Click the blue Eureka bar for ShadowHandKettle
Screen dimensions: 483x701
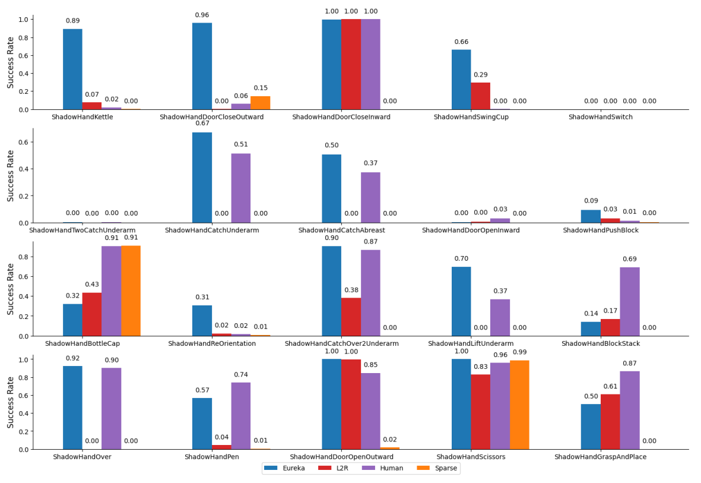click(x=72, y=69)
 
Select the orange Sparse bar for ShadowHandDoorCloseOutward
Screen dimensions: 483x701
click(x=260, y=103)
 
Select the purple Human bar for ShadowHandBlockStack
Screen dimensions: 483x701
click(x=630, y=302)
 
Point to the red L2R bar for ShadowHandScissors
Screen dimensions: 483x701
click(x=480, y=412)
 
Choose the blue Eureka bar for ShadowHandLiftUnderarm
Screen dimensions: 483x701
click(x=461, y=301)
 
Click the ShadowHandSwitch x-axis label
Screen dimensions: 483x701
click(x=601, y=117)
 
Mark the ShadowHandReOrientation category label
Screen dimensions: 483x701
click(x=212, y=343)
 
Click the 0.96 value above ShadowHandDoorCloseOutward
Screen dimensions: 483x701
click(x=202, y=15)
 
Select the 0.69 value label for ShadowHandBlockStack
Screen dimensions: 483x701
click(x=630, y=259)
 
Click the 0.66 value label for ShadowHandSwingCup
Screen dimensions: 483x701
click(x=461, y=42)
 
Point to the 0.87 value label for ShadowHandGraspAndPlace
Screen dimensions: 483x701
click(x=630, y=363)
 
